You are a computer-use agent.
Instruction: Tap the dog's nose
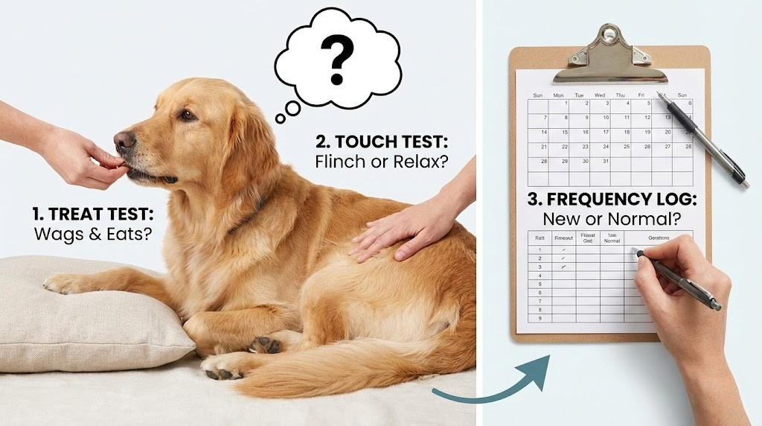(x=123, y=141)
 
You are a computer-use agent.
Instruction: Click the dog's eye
(x=186, y=115)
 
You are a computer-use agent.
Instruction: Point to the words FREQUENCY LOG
(x=622, y=199)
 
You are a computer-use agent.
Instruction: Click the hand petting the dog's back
(x=402, y=231)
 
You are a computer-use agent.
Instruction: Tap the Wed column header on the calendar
(x=600, y=95)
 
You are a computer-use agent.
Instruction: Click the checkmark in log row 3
(x=563, y=266)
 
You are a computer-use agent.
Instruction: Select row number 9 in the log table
(x=540, y=318)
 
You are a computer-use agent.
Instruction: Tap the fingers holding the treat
(x=100, y=160)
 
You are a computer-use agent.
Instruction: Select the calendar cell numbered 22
(x=566, y=147)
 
